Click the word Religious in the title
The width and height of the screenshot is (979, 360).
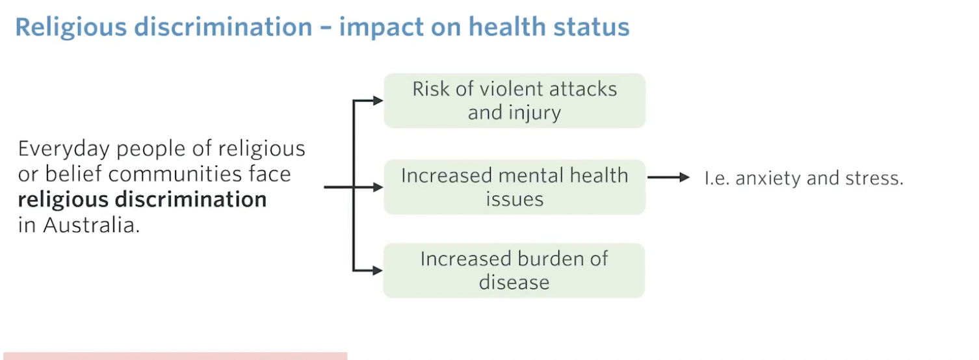click(72, 28)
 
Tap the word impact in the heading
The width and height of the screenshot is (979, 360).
click(381, 28)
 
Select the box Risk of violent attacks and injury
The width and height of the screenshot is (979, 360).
click(514, 101)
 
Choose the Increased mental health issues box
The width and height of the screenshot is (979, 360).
click(514, 187)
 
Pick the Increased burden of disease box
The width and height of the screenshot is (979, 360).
click(514, 270)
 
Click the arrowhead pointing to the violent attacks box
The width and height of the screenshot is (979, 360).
click(378, 101)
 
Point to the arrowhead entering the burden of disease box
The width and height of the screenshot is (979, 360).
click(378, 270)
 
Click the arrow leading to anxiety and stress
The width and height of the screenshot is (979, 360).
click(669, 177)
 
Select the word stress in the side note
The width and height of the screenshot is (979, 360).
click(874, 178)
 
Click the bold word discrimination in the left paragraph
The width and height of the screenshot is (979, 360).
click(190, 199)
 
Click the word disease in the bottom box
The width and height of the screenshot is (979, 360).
click(514, 282)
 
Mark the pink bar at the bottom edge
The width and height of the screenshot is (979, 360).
click(176, 356)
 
